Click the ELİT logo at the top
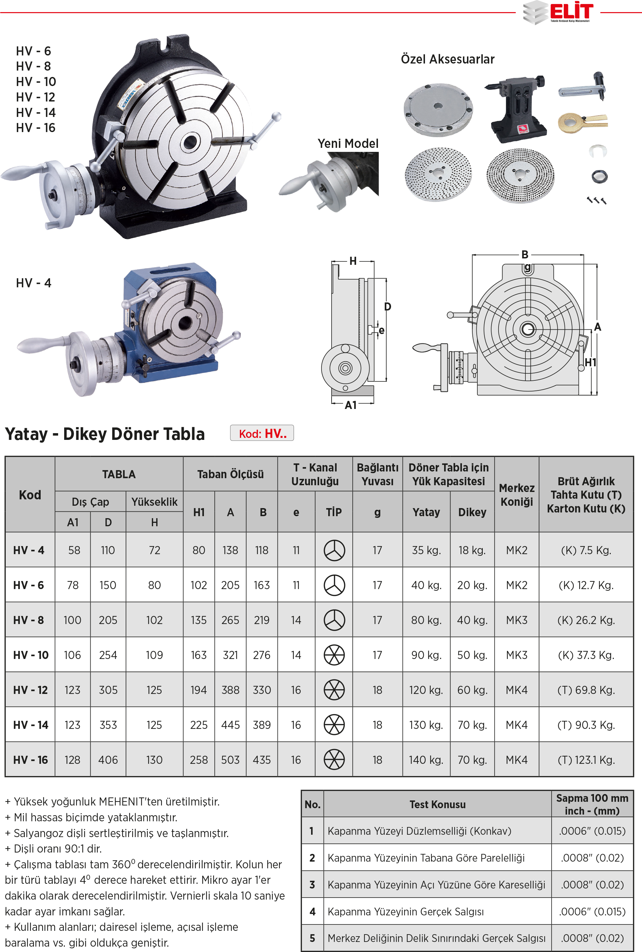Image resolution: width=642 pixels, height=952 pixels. pos(558,12)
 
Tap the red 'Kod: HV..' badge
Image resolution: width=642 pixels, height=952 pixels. pos(262,433)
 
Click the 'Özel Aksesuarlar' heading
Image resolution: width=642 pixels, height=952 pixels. pos(447,59)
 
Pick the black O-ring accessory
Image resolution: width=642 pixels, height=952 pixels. pos(599,176)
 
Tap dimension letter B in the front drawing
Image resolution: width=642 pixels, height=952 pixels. pos(525,255)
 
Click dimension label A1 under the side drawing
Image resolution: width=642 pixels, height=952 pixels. pos(351,405)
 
